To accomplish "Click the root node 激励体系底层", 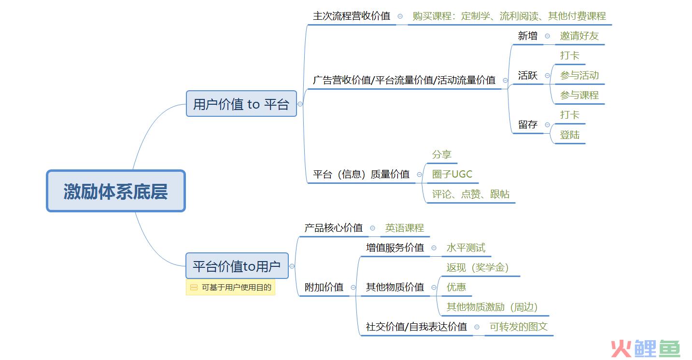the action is point(116,191).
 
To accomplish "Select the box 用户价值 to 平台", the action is point(241,104).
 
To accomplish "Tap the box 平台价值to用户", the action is point(237,266).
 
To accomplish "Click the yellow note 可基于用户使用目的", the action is point(230,288).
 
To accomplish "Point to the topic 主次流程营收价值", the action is point(352,16).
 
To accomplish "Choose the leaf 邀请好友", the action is point(579,36).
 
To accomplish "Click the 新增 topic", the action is point(528,36).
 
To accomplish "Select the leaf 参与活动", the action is point(579,75).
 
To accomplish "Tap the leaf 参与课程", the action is point(579,95).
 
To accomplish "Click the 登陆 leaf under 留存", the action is point(570,135).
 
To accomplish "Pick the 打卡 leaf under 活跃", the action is point(570,55).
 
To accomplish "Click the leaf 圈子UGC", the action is point(452,174).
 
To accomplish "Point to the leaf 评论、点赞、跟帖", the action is point(470,194).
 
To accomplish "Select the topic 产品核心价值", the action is point(333,228).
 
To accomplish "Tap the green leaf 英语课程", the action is point(404,228).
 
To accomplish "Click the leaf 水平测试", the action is point(466,248).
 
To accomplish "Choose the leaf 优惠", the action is point(456,287).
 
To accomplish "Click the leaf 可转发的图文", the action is point(518,327).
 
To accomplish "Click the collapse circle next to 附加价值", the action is point(353,288).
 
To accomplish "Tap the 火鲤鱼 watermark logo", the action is point(646,348).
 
